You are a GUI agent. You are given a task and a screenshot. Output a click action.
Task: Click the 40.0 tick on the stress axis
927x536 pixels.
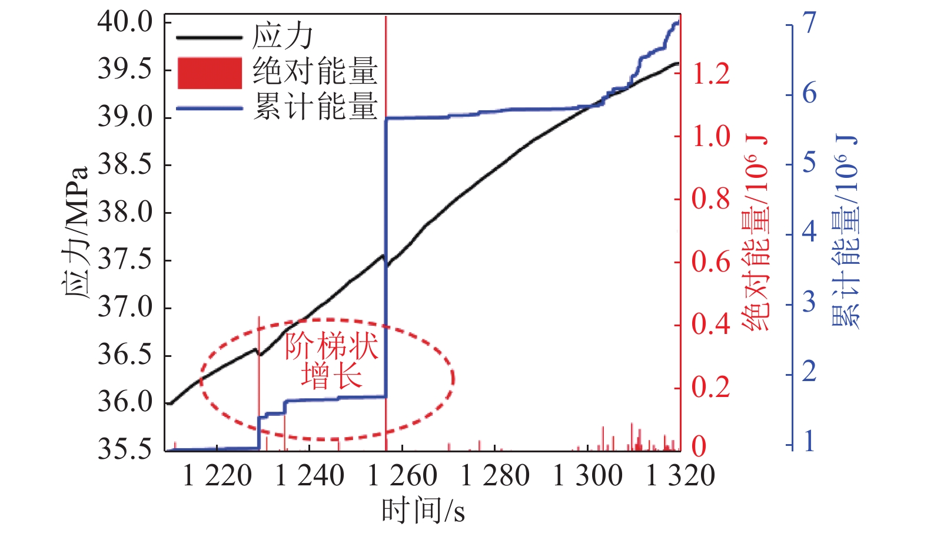(125, 22)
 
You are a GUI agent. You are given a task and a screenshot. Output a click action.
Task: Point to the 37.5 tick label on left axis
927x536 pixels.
(125, 260)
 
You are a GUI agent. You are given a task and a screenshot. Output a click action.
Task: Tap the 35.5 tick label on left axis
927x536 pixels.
(125, 450)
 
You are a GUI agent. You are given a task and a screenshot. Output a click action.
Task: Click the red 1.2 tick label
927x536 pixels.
(711, 74)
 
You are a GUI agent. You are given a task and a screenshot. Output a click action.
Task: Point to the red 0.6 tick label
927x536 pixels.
(711, 262)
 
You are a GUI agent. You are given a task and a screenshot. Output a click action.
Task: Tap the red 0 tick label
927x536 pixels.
(699, 446)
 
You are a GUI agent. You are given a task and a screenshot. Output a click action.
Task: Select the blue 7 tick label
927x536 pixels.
(810, 24)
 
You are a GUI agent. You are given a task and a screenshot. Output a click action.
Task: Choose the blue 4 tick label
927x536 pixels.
(810, 231)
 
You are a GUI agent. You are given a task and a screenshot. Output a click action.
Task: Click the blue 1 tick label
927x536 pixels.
(810, 441)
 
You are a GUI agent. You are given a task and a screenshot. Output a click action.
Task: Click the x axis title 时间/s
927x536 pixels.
(423, 510)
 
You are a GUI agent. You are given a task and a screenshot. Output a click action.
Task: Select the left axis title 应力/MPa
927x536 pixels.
(77, 233)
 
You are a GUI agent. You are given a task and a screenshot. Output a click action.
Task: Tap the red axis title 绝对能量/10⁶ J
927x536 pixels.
(757, 233)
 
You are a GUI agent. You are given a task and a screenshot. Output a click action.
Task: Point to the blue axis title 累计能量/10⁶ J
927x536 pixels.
(846, 233)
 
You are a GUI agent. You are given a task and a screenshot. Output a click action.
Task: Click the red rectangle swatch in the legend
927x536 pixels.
(210, 73)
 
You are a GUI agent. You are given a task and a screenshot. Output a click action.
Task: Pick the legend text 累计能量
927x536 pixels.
(315, 107)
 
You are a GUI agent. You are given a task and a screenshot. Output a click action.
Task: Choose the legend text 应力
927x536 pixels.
(283, 37)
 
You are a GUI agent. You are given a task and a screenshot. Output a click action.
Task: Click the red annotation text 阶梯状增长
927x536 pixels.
(331, 361)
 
